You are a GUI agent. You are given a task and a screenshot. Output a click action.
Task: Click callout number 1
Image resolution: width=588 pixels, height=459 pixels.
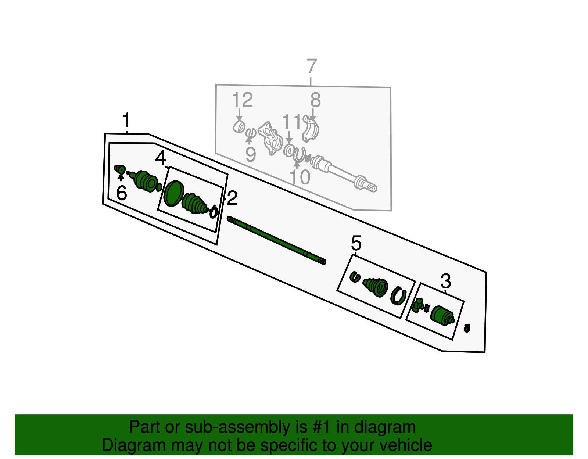(126, 121)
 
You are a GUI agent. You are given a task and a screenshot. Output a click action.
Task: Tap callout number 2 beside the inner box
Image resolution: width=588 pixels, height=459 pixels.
(232, 198)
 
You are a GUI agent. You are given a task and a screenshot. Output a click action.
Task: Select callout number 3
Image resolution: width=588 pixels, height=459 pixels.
(445, 282)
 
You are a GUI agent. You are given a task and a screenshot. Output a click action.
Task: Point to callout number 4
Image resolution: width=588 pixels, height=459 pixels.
(161, 158)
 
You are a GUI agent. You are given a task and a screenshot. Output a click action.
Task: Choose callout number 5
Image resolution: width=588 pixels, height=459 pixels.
(356, 243)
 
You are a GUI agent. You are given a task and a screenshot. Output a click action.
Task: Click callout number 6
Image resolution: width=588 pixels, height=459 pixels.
(122, 193)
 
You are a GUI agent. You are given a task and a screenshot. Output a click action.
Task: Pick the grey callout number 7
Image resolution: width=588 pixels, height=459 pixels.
(311, 67)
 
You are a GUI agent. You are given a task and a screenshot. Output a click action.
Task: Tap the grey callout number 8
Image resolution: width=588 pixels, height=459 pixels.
(315, 100)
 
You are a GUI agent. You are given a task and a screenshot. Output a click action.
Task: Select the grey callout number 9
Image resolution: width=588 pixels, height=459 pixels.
(250, 154)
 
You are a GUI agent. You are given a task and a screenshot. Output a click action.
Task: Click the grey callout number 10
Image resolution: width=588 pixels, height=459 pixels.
(300, 177)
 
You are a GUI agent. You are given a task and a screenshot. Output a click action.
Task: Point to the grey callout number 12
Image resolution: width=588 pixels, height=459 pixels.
(242, 100)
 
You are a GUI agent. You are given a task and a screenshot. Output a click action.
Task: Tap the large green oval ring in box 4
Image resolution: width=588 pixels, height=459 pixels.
(173, 193)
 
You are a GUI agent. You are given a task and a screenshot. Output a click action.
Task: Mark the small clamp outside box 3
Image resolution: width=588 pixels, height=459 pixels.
(467, 328)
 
